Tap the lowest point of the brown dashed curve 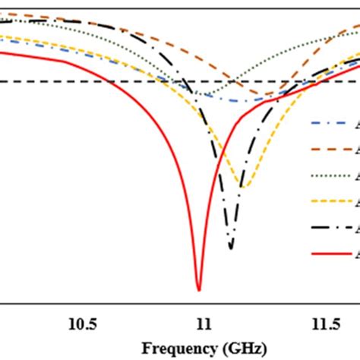coord(270,95)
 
